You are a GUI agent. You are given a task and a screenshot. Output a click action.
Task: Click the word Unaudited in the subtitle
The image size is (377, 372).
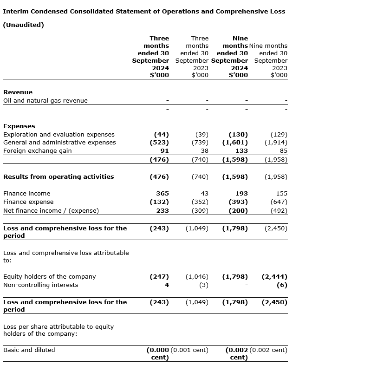[24, 25]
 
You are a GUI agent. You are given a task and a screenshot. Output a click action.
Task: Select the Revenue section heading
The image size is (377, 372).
[18, 92]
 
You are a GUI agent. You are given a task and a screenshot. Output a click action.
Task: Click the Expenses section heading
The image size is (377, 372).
[19, 126]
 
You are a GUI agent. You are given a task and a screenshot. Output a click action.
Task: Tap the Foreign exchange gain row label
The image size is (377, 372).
[38, 151]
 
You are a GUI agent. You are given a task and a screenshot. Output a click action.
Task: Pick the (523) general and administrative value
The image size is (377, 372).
[159, 143]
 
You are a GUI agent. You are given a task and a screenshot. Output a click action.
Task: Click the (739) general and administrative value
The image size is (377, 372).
[200, 143]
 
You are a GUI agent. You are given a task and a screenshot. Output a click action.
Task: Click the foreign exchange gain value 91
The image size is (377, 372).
[164, 151]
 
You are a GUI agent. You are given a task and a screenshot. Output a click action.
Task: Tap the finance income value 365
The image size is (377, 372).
[162, 193]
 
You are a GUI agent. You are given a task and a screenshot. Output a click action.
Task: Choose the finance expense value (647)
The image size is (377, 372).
[279, 202]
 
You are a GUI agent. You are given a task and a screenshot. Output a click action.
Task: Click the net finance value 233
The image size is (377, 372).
[162, 210]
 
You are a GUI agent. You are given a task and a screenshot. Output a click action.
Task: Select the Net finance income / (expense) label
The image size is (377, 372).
[51, 210]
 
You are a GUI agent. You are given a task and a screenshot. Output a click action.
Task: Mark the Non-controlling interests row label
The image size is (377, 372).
[41, 285]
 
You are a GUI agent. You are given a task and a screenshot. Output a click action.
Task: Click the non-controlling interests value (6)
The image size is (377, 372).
[282, 285]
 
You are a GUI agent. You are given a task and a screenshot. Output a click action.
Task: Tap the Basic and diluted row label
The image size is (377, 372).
[29, 350]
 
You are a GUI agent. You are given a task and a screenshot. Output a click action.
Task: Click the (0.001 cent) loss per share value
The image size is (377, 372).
[189, 350]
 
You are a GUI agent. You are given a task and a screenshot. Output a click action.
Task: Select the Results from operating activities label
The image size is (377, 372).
[58, 176]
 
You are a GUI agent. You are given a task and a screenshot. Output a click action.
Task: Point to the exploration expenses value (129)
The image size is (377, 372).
[279, 134]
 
